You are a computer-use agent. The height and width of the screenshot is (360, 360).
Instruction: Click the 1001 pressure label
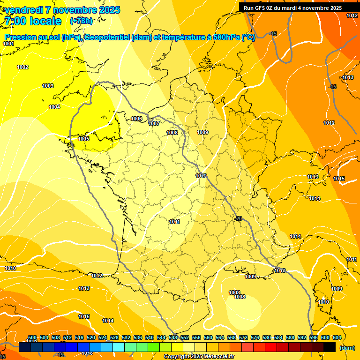click(8, 44)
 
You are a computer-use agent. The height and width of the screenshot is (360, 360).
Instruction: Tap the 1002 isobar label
click(22, 67)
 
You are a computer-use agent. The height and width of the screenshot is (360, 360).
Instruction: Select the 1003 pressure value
click(48, 86)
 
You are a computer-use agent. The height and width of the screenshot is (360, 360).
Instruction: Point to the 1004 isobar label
click(54, 107)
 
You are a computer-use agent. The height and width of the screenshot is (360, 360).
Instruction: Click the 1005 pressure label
click(83, 139)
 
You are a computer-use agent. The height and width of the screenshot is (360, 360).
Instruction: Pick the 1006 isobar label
click(136, 119)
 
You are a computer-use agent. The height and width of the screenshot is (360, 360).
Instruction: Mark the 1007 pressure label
click(154, 123)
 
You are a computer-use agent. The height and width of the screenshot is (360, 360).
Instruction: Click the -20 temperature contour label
click(238, 219)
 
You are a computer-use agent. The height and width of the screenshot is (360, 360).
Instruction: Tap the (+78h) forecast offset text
click(81, 21)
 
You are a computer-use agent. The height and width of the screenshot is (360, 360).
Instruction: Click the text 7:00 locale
click(33, 21)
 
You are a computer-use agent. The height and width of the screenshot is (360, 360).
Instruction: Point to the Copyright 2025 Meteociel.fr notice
click(199, 357)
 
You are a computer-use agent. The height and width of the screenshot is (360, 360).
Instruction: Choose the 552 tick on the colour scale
click(185, 337)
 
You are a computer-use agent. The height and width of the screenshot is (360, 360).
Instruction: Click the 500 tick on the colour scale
click(32, 337)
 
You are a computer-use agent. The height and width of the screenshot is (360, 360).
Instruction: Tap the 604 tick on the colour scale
click(337, 337)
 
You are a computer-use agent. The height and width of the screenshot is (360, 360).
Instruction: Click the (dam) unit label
click(347, 348)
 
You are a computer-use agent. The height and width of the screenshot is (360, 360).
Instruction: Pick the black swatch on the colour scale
click(330, 347)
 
